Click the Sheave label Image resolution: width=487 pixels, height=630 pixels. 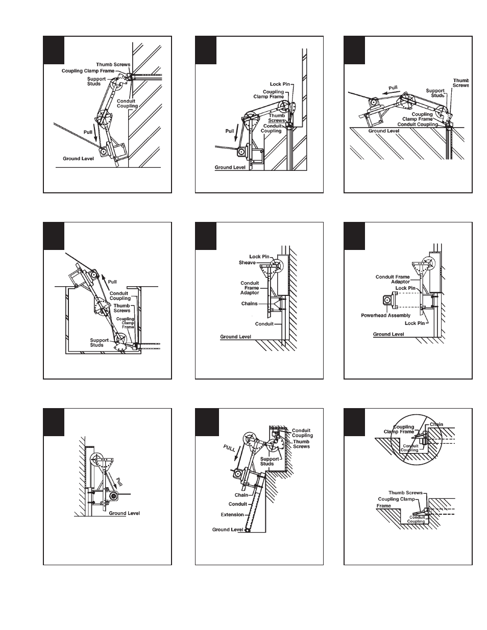(247, 263)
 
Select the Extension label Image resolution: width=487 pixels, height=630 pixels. (232, 515)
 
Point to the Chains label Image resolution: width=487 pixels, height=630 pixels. (250, 304)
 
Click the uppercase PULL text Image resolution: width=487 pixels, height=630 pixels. (229, 449)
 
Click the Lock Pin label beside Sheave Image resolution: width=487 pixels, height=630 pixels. (259, 257)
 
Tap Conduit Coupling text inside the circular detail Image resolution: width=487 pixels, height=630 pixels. (410, 448)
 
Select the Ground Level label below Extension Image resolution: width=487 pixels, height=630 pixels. (228, 530)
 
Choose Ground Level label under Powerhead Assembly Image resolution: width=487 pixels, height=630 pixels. (388, 334)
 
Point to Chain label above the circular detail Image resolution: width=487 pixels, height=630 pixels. (436, 424)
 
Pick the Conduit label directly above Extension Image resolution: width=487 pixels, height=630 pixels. (238, 505)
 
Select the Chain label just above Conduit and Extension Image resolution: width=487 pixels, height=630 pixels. (241, 495)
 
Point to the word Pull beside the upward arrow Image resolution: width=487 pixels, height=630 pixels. (112, 282)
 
